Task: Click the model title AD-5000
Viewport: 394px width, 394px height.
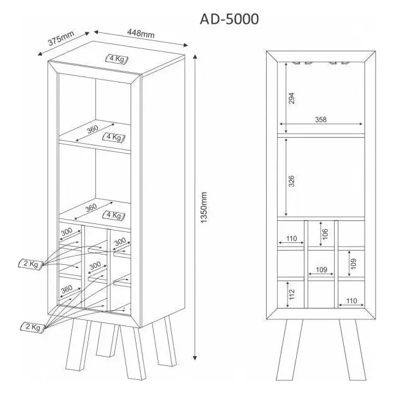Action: (x=229, y=19)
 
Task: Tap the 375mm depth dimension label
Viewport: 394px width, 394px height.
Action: (x=61, y=38)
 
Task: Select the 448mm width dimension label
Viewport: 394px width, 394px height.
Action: (x=141, y=33)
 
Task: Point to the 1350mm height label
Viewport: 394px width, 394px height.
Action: (x=204, y=207)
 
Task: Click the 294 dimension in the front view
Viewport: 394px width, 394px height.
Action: (x=291, y=98)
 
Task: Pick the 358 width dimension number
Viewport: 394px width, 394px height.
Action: (x=321, y=120)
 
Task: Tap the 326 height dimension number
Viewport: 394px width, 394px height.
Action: (x=291, y=181)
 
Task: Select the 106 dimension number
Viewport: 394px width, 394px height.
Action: (x=325, y=234)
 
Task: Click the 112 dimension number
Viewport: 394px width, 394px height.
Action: (x=292, y=294)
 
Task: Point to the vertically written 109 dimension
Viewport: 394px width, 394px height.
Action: (x=354, y=264)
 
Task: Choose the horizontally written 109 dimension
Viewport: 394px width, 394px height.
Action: (x=321, y=270)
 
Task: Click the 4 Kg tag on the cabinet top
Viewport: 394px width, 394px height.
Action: (x=117, y=59)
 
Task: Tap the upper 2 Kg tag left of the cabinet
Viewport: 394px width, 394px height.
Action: (x=31, y=264)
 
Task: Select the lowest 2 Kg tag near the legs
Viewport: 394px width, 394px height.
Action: (x=32, y=327)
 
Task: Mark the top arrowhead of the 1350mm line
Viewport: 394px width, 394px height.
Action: (x=195, y=57)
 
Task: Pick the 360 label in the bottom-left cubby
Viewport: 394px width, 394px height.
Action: (x=67, y=290)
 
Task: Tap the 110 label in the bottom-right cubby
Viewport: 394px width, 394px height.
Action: (x=351, y=301)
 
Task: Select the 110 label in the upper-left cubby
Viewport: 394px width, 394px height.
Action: (x=291, y=239)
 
